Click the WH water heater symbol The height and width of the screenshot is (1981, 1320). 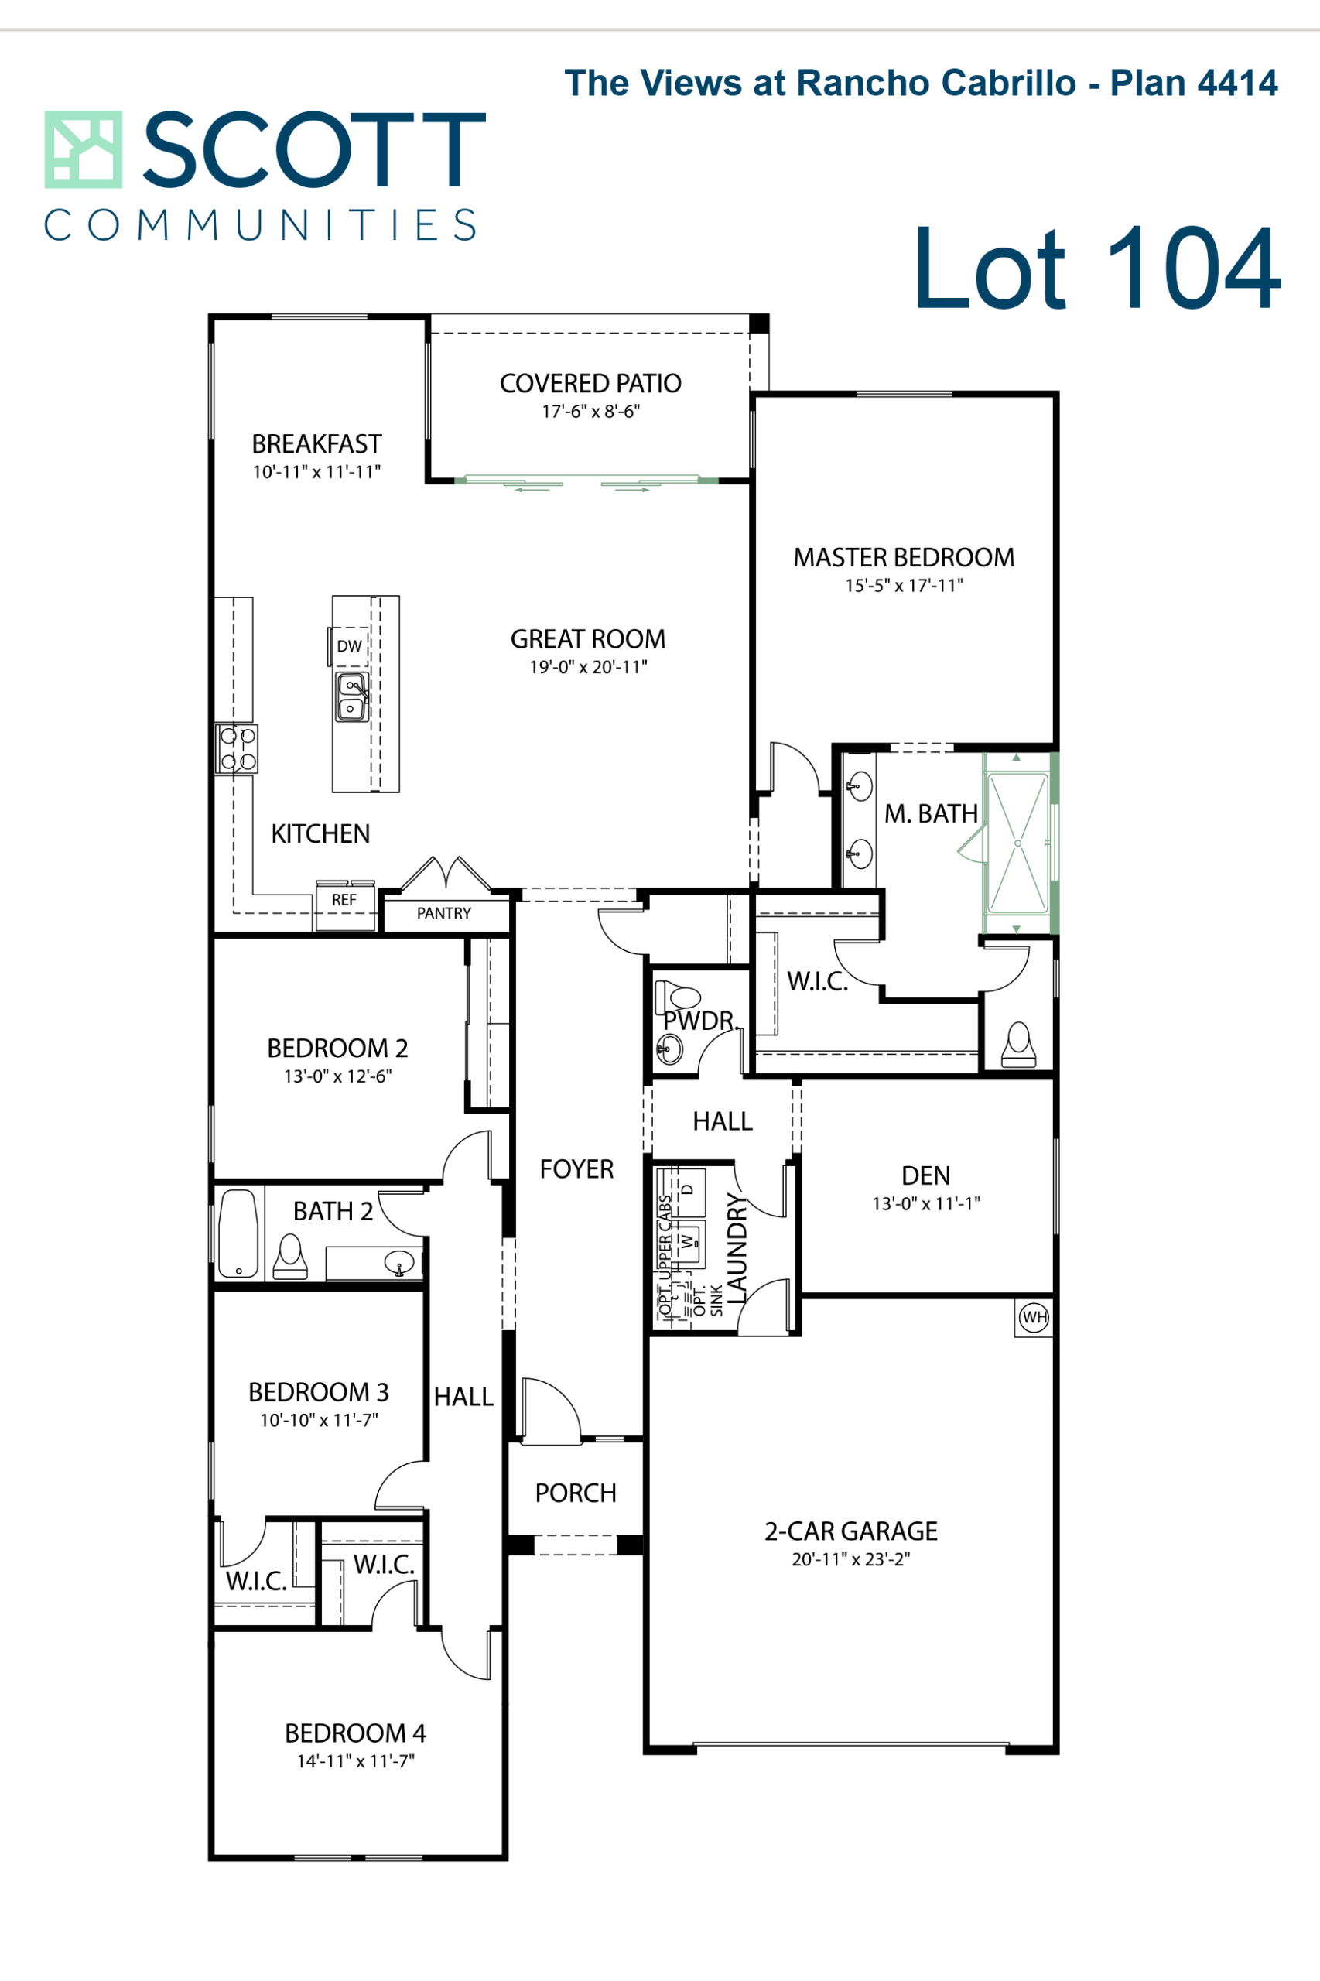point(1034,1318)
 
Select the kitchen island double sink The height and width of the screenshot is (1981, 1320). point(351,697)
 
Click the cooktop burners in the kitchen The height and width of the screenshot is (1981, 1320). point(237,748)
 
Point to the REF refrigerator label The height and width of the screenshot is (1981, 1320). point(344,900)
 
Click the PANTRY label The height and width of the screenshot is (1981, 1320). point(443,913)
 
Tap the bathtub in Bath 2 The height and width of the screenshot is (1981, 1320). point(238,1233)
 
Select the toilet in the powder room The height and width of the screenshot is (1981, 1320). point(678,997)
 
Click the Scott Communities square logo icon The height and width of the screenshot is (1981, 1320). point(84,150)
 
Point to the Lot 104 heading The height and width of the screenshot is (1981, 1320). point(1097,268)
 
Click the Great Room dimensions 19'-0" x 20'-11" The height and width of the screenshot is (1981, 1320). point(589,667)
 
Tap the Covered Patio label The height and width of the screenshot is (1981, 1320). point(590,383)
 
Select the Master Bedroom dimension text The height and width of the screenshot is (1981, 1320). point(905,585)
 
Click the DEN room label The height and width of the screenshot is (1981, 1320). point(926,1175)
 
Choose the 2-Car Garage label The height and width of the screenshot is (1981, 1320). point(851,1531)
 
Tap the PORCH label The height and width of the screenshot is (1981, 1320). point(576,1493)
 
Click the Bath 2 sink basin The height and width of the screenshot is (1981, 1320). point(399,1263)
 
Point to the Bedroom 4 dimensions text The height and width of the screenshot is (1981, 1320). point(355,1760)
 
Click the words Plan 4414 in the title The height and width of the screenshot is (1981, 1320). point(1194,83)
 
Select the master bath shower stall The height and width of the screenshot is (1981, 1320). point(1017,843)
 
